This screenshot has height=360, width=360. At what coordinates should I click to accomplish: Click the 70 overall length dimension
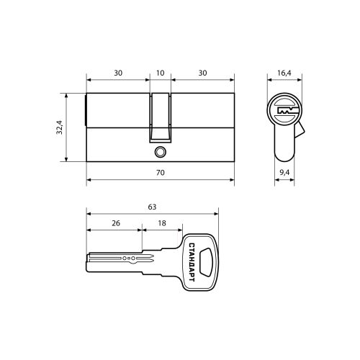tap(161, 173)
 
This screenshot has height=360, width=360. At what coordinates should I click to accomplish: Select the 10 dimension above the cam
tap(160, 73)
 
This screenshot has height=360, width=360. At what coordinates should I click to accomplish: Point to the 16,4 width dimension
tap(284, 73)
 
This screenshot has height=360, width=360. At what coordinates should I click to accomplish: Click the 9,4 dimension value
tap(284, 172)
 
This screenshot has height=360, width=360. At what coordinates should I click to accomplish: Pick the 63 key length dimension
tap(152, 207)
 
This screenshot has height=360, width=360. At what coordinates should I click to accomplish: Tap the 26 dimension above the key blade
tap(116, 223)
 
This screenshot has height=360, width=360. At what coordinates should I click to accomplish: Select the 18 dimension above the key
tap(162, 223)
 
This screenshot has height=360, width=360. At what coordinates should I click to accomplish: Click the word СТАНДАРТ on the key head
tap(192, 262)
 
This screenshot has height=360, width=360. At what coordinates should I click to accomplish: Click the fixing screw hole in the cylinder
tap(160, 152)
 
